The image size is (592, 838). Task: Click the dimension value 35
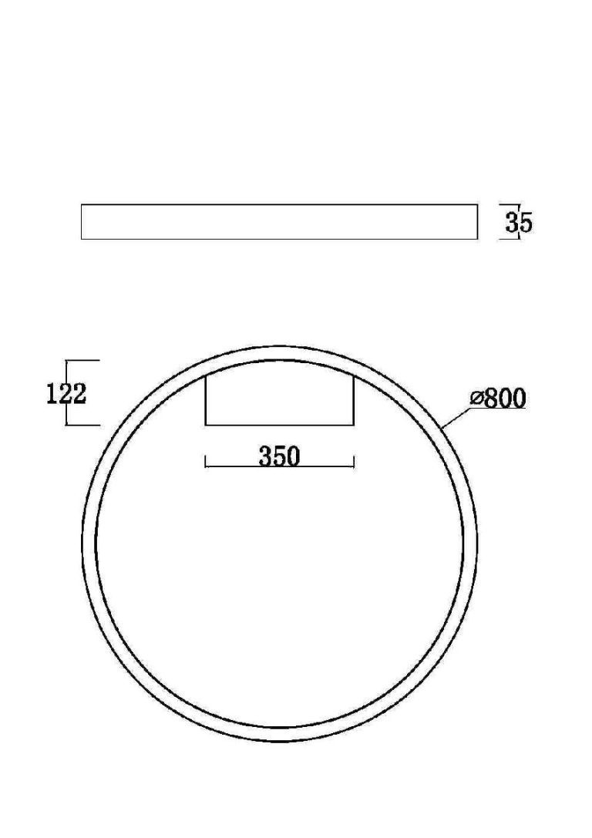click(x=519, y=222)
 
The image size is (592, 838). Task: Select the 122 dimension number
click(x=66, y=394)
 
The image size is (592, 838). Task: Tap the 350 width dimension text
click(x=280, y=456)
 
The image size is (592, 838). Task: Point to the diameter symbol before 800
click(x=476, y=398)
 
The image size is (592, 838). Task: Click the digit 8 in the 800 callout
click(x=491, y=398)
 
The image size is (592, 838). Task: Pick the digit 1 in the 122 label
click(x=52, y=394)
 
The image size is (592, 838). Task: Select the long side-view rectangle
click(x=279, y=221)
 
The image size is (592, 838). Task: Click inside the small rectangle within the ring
click(x=279, y=400)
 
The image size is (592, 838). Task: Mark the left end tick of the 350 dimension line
click(x=206, y=462)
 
